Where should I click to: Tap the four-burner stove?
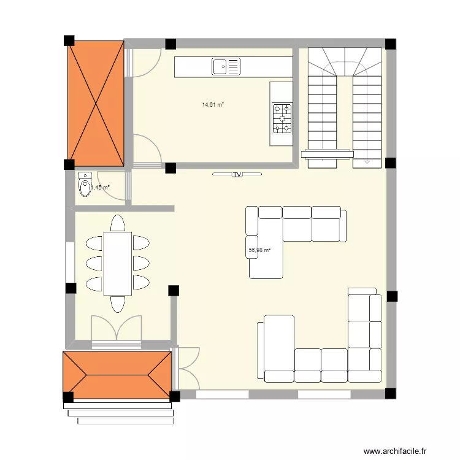click(283, 118)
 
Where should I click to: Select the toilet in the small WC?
click(85, 186)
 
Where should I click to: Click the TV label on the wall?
click(237, 175)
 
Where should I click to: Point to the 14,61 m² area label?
click(213, 105)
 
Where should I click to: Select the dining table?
click(117, 263)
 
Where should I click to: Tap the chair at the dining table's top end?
click(117, 222)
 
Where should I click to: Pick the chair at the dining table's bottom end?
click(117, 304)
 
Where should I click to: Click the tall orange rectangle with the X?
click(95, 102)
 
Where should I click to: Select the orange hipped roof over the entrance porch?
click(117, 374)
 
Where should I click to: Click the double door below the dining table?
click(117, 329)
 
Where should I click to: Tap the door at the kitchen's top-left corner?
click(142, 63)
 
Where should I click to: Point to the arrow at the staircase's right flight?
click(367, 162)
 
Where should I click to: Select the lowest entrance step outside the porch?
click(126, 421)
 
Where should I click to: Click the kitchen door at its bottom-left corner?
click(146, 151)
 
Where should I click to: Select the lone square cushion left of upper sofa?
click(251, 243)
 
